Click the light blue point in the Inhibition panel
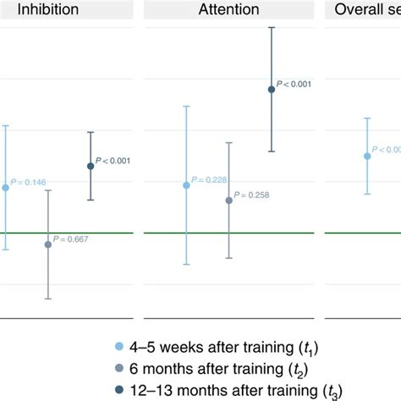[6, 187]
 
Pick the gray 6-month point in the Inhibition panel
[48, 244]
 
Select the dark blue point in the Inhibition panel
[91, 166]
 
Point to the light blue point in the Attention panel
[187, 184]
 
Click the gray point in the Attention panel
[229, 200]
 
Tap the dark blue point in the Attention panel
[272, 89]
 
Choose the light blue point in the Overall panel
[367, 156]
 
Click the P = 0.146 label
[29, 182]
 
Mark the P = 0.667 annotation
[71, 239]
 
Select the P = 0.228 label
[210, 179]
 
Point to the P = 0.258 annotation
[252, 195]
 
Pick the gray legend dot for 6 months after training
[117, 368]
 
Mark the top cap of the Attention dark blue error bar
[272, 27]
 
